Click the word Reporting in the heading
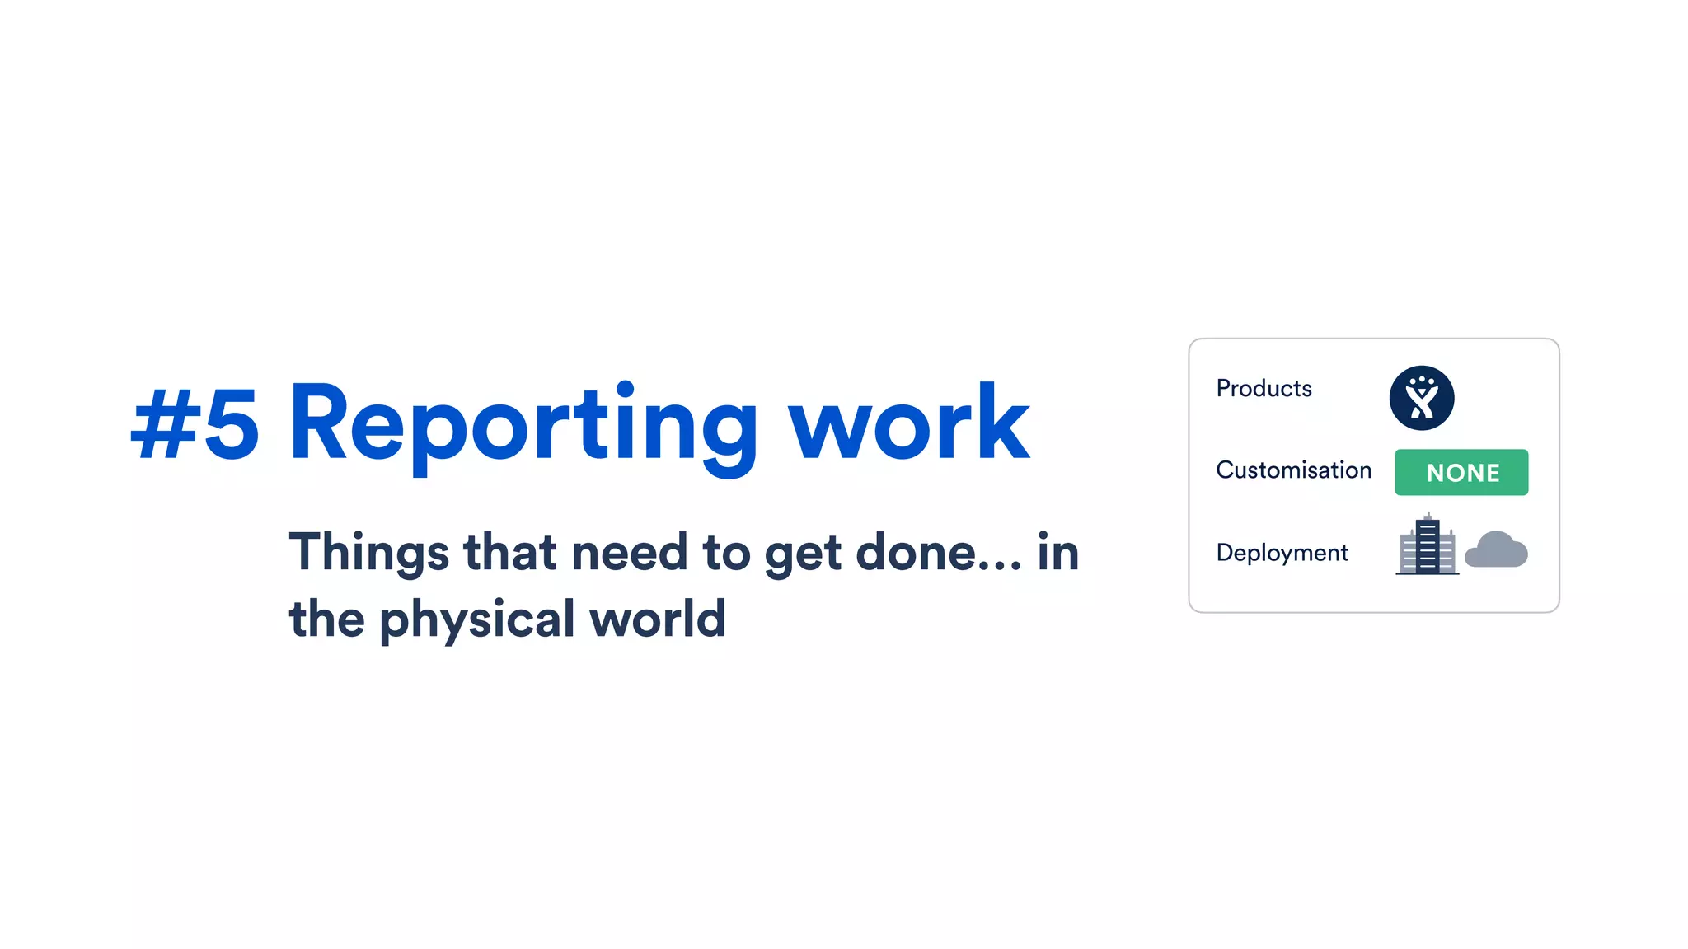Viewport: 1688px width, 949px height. pos(523,425)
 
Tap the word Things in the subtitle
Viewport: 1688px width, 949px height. pos(368,553)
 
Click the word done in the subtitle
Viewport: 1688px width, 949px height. pos(915,553)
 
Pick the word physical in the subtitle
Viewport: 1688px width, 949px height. pos(477,620)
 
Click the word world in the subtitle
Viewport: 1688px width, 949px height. pos(658,619)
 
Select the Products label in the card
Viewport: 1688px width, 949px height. pos(1264,389)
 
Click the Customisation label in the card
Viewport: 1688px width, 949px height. pos(1293,470)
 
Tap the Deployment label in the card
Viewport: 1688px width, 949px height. pos(1282,553)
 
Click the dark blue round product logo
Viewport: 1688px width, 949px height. pos(1421,399)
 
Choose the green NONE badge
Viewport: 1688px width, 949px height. pos(1461,473)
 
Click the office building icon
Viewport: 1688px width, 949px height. pos(1427,545)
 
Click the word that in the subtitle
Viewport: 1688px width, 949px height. pos(510,553)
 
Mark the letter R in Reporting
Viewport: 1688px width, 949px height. pos(318,423)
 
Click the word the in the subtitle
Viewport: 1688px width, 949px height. pos(326,619)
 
